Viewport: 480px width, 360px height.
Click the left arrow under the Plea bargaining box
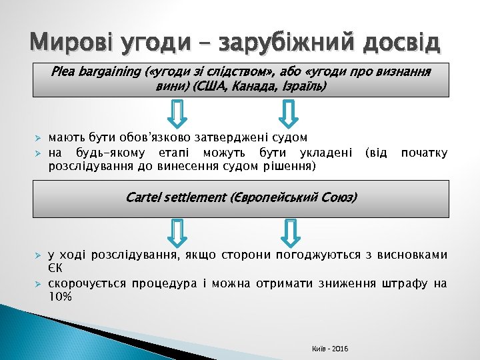178,113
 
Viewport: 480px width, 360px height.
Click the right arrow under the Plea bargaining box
289,113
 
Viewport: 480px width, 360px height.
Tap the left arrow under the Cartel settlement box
178,231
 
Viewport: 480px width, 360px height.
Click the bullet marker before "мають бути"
38,138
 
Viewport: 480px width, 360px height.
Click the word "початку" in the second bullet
424,153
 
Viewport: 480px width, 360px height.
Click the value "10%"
61,297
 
